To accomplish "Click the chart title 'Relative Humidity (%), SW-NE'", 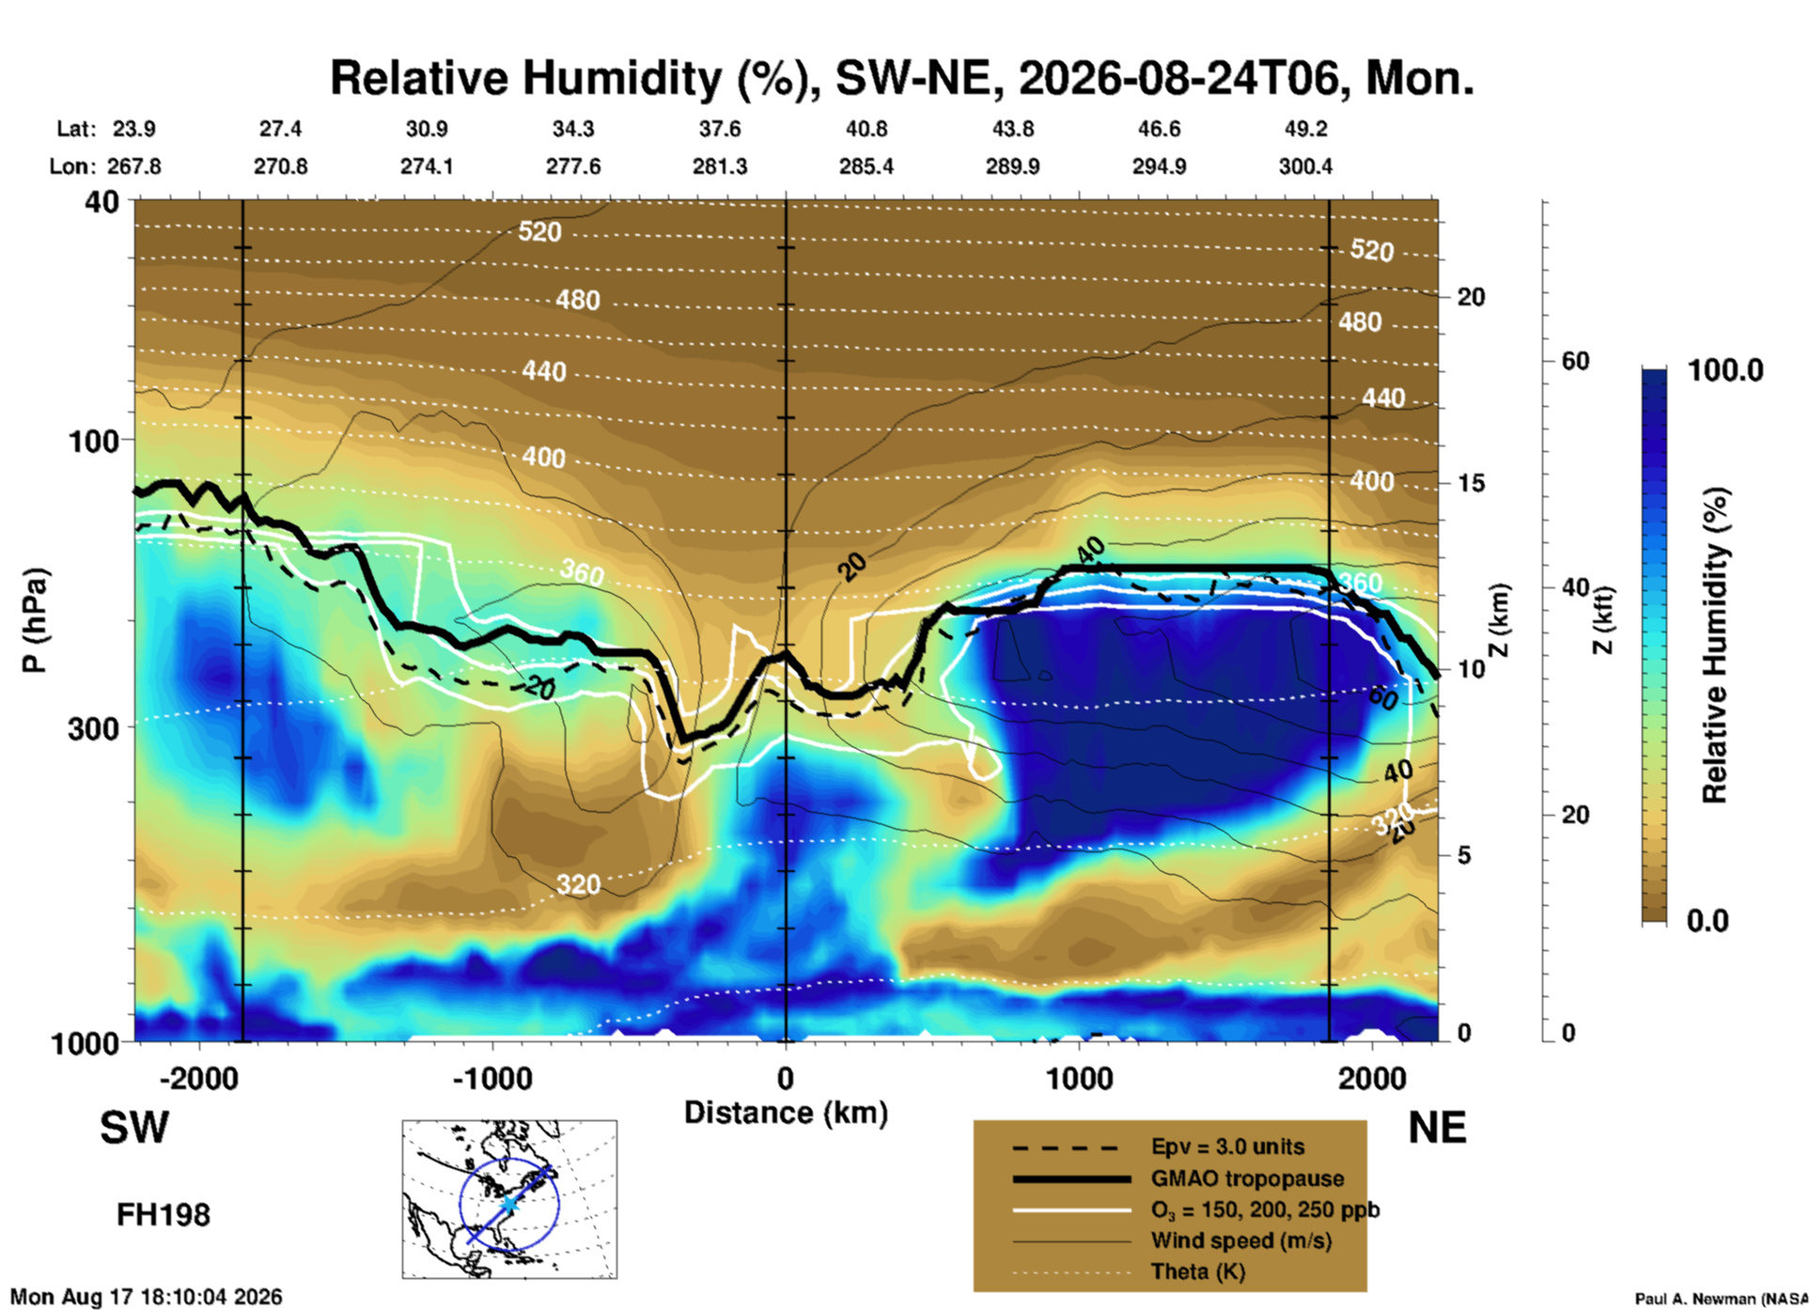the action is tap(573, 79).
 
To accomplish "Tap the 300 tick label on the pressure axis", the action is tap(93, 728).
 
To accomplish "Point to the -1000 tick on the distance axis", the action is tap(492, 1078).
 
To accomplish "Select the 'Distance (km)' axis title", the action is tap(786, 1113).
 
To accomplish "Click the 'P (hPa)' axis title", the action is tap(34, 621).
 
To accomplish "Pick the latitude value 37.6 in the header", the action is tap(720, 129).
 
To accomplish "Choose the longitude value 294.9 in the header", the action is tap(1159, 166).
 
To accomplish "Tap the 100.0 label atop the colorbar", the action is tap(1725, 370).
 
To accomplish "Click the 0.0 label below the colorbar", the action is tap(1708, 920).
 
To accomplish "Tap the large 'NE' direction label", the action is tap(1437, 1128).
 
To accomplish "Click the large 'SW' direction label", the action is tap(134, 1128).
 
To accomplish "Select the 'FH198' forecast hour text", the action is tap(164, 1215).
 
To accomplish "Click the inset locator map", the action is tap(509, 1199).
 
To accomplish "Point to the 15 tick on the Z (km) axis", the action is tap(1471, 483).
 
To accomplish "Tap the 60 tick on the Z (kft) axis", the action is tap(1576, 361).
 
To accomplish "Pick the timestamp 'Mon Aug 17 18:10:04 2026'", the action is tap(146, 1297).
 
